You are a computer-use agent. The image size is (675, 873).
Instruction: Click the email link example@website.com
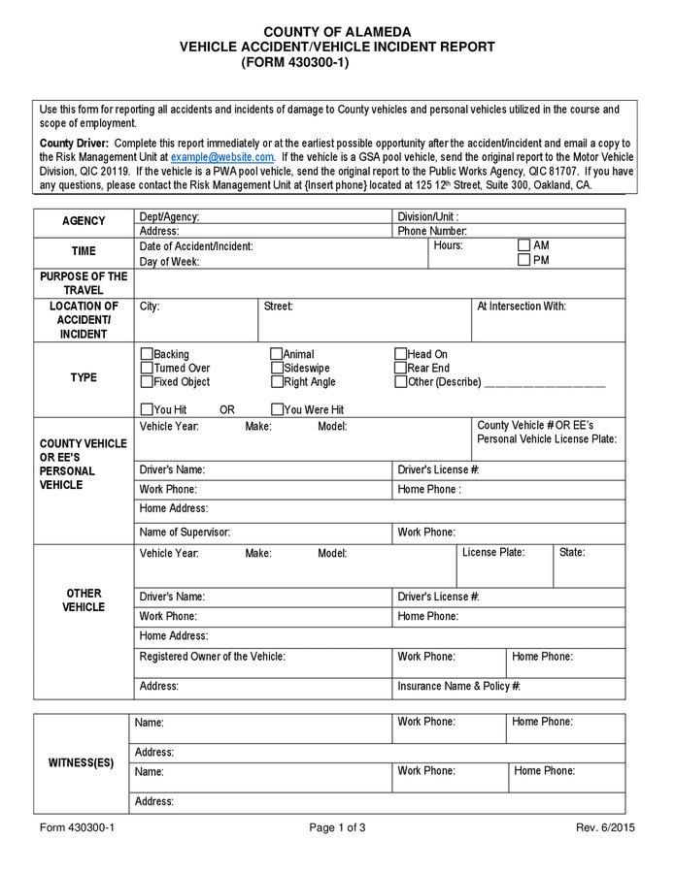[x=222, y=157]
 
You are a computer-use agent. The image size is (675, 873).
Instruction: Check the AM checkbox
[x=524, y=246]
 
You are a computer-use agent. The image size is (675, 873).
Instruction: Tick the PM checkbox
[x=524, y=260]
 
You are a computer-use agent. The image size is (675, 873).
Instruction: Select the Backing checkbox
[x=148, y=355]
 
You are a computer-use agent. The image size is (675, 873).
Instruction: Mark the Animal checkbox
[x=277, y=355]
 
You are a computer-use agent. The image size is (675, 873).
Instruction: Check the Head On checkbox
[x=401, y=355]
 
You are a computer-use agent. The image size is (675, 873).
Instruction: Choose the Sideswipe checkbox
[x=277, y=369]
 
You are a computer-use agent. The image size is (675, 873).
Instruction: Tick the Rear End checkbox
[x=401, y=369]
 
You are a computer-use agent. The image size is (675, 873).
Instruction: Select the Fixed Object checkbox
[x=148, y=382]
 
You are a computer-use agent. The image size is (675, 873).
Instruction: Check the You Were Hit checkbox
[x=277, y=409]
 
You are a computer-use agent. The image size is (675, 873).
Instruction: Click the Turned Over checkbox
[x=148, y=369]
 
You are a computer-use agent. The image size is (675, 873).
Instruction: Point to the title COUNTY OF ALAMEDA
[x=337, y=32]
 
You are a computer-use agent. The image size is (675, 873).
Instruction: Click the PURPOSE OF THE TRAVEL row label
[x=84, y=283]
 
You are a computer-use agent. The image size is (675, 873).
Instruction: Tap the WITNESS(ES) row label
[x=82, y=763]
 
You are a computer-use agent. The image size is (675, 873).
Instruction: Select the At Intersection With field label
[x=522, y=307]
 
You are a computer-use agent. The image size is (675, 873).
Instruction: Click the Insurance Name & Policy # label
[x=459, y=687]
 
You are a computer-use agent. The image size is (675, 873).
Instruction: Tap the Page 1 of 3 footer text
[x=337, y=827]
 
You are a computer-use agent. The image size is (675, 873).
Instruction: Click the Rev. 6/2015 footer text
[x=605, y=827]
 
